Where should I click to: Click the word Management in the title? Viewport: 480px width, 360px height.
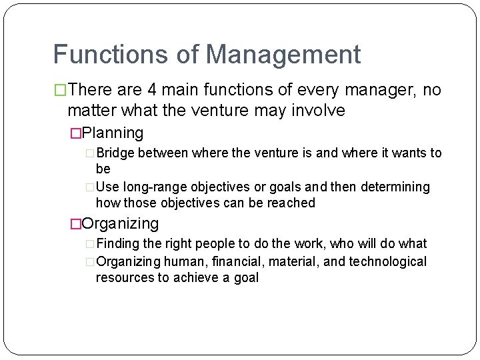[285, 55]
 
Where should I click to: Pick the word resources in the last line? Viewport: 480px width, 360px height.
[125, 277]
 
